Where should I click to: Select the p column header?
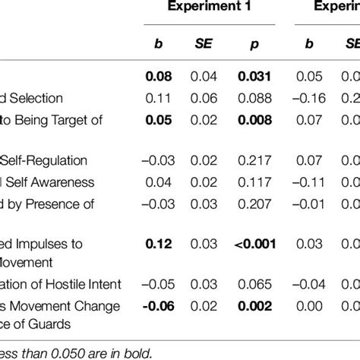[x=254, y=45]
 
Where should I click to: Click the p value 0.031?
[x=254, y=77]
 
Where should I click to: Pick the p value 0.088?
[x=254, y=99]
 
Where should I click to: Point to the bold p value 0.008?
[x=254, y=119]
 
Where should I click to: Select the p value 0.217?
[x=254, y=161]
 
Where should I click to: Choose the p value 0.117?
[x=254, y=182]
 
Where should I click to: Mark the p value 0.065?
[x=254, y=285]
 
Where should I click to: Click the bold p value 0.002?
[x=254, y=306]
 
